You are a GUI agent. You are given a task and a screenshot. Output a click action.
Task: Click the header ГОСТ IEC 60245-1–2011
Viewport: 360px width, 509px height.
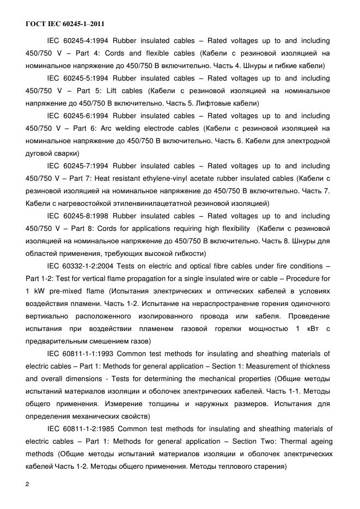tap(65, 24)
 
